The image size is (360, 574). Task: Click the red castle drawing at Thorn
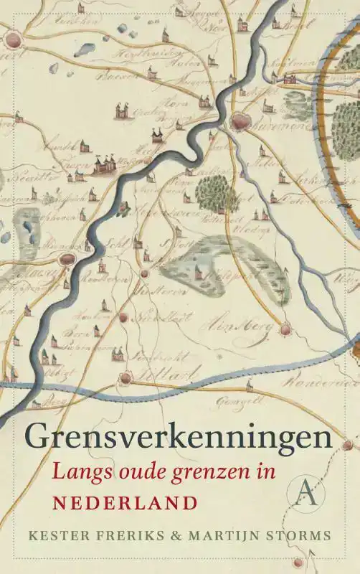click(x=104, y=163)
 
